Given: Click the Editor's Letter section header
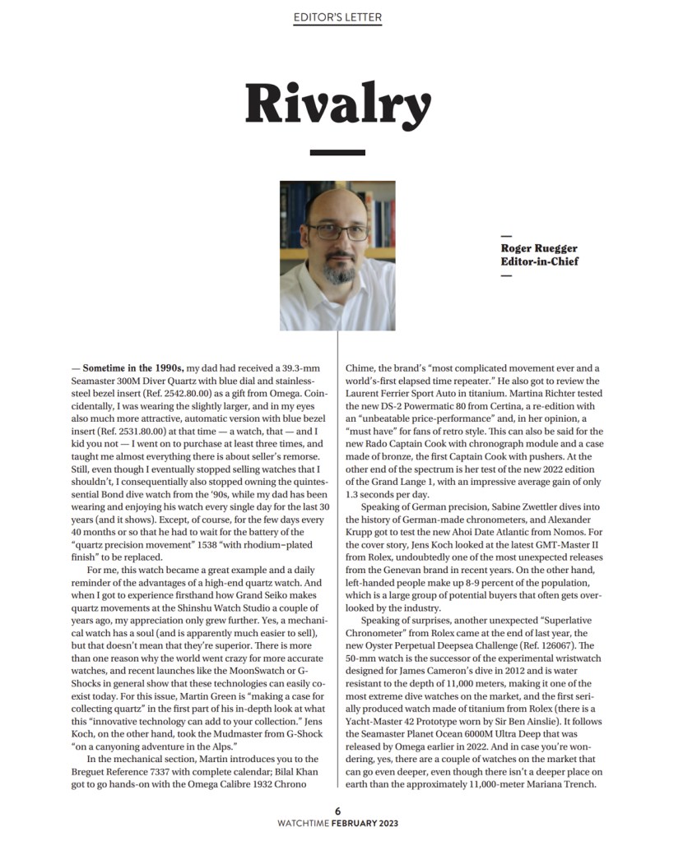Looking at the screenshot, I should (337, 17).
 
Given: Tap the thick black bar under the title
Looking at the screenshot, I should (337, 152).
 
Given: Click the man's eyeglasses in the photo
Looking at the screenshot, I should (337, 231).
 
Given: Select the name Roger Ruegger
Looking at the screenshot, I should (539, 248).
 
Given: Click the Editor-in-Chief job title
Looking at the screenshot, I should (540, 261).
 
